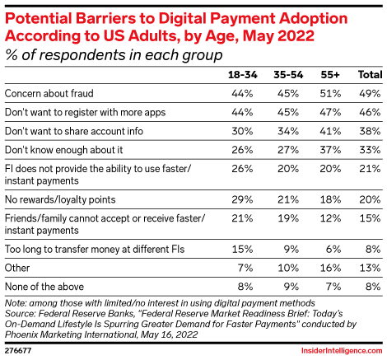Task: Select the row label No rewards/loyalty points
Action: tap(59, 200)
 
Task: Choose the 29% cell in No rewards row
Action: tap(244, 200)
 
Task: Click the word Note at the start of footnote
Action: tap(16, 303)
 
